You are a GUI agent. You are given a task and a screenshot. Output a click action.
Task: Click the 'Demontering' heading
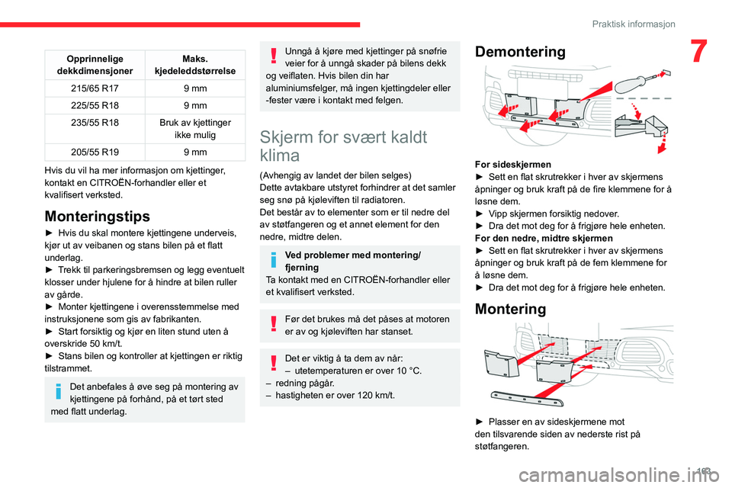(x=520, y=52)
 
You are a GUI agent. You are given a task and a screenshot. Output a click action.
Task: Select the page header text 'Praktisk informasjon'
(x=634, y=24)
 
